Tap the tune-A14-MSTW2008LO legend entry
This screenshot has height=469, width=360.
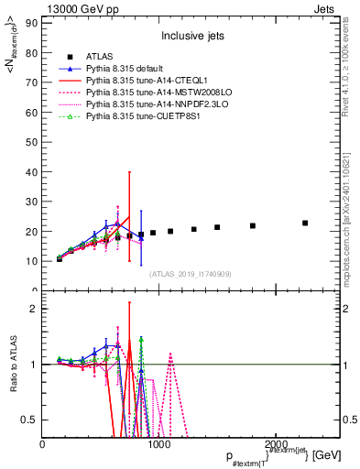tap(152, 93)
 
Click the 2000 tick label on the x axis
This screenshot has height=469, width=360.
tap(276, 442)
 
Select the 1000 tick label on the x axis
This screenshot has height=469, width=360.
tap(159, 442)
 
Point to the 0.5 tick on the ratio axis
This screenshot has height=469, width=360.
tap(27, 420)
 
